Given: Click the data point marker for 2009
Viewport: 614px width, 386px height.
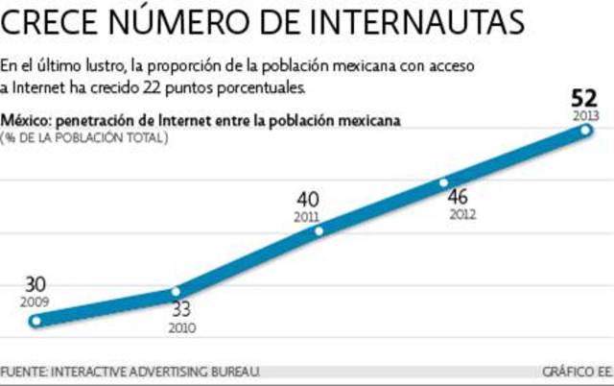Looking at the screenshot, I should pos(36,321).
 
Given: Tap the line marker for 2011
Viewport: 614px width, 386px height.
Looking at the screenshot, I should pos(319,230).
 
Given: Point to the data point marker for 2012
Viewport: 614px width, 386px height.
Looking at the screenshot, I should pos(443,182).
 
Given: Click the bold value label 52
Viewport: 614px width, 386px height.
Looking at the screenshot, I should pos(584,98).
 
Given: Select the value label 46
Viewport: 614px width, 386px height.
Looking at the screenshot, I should pos(461,198).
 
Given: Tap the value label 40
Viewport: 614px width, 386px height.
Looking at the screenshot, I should pos(308,200).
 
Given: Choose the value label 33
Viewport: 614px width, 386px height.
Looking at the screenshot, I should pos(180,310).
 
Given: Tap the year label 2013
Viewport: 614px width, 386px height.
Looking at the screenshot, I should pos(585,115).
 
